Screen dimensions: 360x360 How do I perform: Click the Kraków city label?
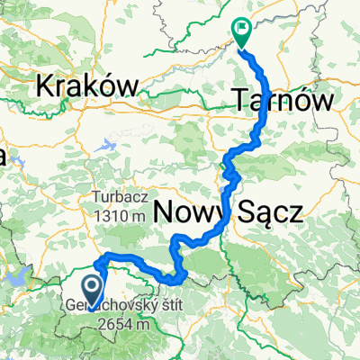pos(87,86)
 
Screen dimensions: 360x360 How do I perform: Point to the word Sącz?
pos(267,212)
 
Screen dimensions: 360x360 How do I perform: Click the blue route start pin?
pos(92,289)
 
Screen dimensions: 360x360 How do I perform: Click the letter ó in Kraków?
pos(110,86)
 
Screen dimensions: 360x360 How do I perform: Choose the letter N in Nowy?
pos(165,212)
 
